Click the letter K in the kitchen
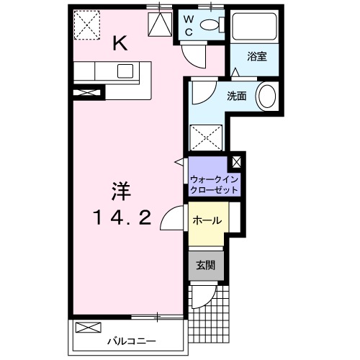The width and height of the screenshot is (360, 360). (120, 44)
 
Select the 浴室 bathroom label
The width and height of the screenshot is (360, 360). (258, 57)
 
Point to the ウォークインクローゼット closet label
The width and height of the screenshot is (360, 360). (214, 184)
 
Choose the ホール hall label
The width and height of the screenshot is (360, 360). (206, 221)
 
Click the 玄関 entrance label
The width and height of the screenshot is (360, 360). (207, 264)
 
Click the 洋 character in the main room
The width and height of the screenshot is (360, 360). (120, 191)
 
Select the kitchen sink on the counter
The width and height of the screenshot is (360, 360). (125, 71)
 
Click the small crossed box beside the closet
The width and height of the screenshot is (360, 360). (237, 163)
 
